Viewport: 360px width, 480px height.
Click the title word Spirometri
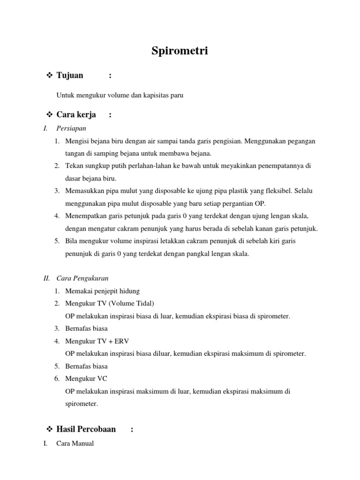pos(180,51)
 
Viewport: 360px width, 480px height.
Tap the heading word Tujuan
pos(70,75)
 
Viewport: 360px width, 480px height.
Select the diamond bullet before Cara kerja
pos(50,115)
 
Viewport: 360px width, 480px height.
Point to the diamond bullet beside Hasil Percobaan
pos(50,429)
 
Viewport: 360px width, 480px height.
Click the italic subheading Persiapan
pos(71,127)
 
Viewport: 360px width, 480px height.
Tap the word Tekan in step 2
pos(74,166)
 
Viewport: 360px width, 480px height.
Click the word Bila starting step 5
pos(72,241)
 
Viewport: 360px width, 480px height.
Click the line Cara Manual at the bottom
pos(75,443)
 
